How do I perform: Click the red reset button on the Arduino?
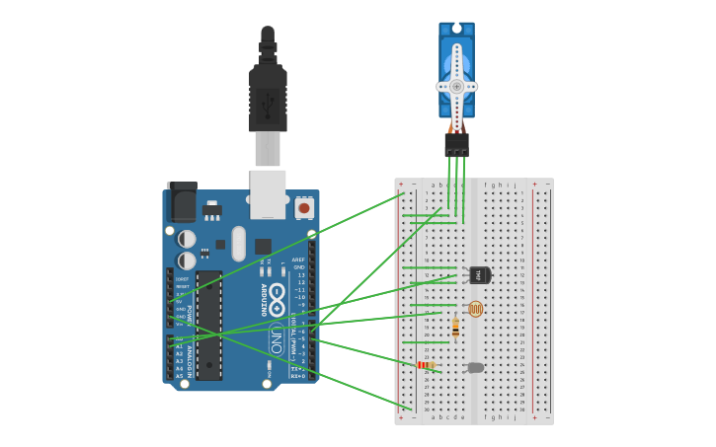(304, 208)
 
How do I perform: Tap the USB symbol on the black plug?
(268, 103)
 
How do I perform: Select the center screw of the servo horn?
(456, 86)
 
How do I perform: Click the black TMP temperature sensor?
(479, 274)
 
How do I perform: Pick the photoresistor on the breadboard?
(475, 309)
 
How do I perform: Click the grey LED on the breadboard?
(476, 367)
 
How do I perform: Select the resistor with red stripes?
(426, 365)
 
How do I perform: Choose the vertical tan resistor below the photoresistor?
(455, 329)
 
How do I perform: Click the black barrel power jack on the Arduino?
(182, 202)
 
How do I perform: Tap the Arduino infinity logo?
(278, 293)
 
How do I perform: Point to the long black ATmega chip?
(208, 326)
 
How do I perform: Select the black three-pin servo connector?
(456, 145)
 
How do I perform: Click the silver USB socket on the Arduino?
(268, 193)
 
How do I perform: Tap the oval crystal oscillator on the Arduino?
(238, 244)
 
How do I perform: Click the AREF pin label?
(298, 260)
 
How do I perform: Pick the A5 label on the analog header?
(180, 376)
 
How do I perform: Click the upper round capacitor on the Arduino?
(187, 239)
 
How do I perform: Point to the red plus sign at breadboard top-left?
(401, 185)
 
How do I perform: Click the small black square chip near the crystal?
(263, 246)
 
